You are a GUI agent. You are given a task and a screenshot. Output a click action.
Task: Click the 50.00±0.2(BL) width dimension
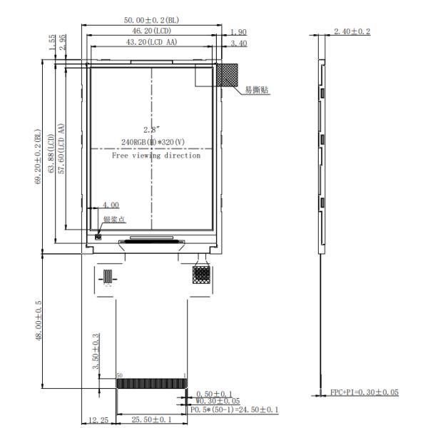pyautogui.click(x=151, y=20)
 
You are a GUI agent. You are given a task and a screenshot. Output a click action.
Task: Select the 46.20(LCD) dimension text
pyautogui.click(x=151, y=32)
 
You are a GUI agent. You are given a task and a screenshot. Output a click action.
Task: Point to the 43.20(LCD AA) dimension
pyautogui.click(x=151, y=44)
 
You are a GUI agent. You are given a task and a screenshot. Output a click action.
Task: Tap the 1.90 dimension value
pyautogui.click(x=238, y=32)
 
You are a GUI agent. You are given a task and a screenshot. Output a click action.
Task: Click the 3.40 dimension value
pyautogui.click(x=238, y=44)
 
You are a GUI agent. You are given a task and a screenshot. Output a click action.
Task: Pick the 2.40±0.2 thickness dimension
pyautogui.click(x=352, y=31)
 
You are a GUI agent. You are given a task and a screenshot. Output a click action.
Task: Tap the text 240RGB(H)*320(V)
pyautogui.click(x=153, y=142)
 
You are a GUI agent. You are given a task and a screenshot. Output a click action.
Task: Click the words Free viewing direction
pyautogui.click(x=156, y=155)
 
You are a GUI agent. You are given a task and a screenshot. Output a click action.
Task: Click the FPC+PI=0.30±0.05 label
pyautogui.click(x=364, y=393)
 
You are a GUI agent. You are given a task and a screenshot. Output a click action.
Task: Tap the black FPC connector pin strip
pyautogui.click(x=152, y=384)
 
